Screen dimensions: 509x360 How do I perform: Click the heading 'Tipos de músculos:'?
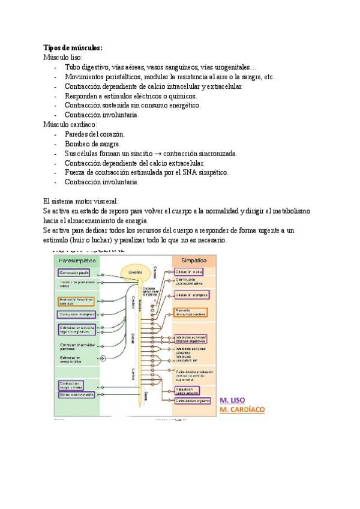[x=73, y=47]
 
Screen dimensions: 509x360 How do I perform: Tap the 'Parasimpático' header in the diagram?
[x=77, y=261]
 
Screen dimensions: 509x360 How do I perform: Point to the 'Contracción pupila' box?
[x=77, y=273]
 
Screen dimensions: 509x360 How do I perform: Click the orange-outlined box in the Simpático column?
[x=191, y=312]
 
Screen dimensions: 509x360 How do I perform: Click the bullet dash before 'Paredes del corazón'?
[x=55, y=134]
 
